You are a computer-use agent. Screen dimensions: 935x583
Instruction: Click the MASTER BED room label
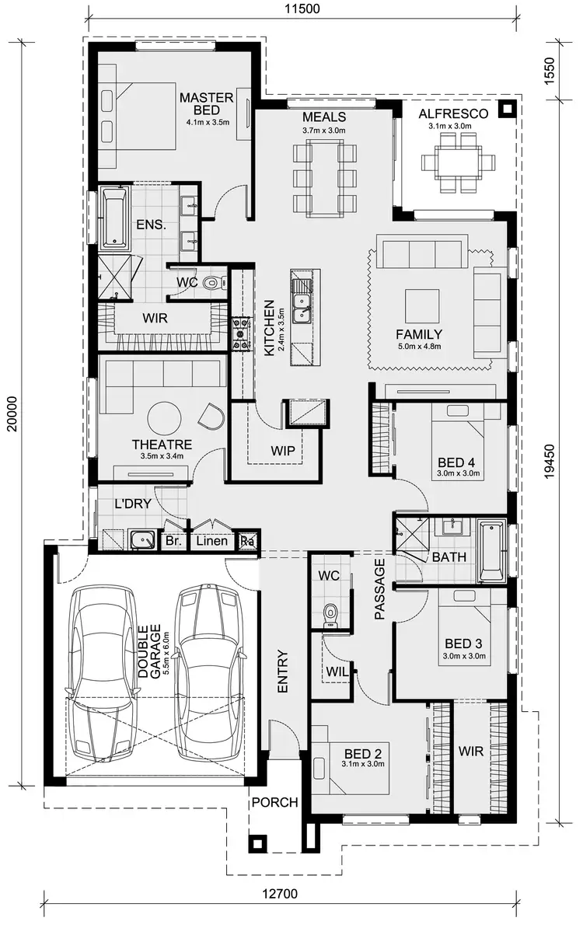click(206, 104)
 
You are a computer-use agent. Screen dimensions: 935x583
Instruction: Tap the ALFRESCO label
click(453, 113)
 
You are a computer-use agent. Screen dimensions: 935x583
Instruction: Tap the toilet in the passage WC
click(331, 615)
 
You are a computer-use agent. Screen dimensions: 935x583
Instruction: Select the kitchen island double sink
click(301, 302)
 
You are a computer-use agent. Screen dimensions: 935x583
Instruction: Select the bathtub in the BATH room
click(492, 552)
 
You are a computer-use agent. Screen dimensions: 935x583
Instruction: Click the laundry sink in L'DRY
click(141, 539)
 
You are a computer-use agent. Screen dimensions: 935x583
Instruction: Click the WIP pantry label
click(282, 450)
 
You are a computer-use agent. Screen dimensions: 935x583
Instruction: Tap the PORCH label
click(274, 802)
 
